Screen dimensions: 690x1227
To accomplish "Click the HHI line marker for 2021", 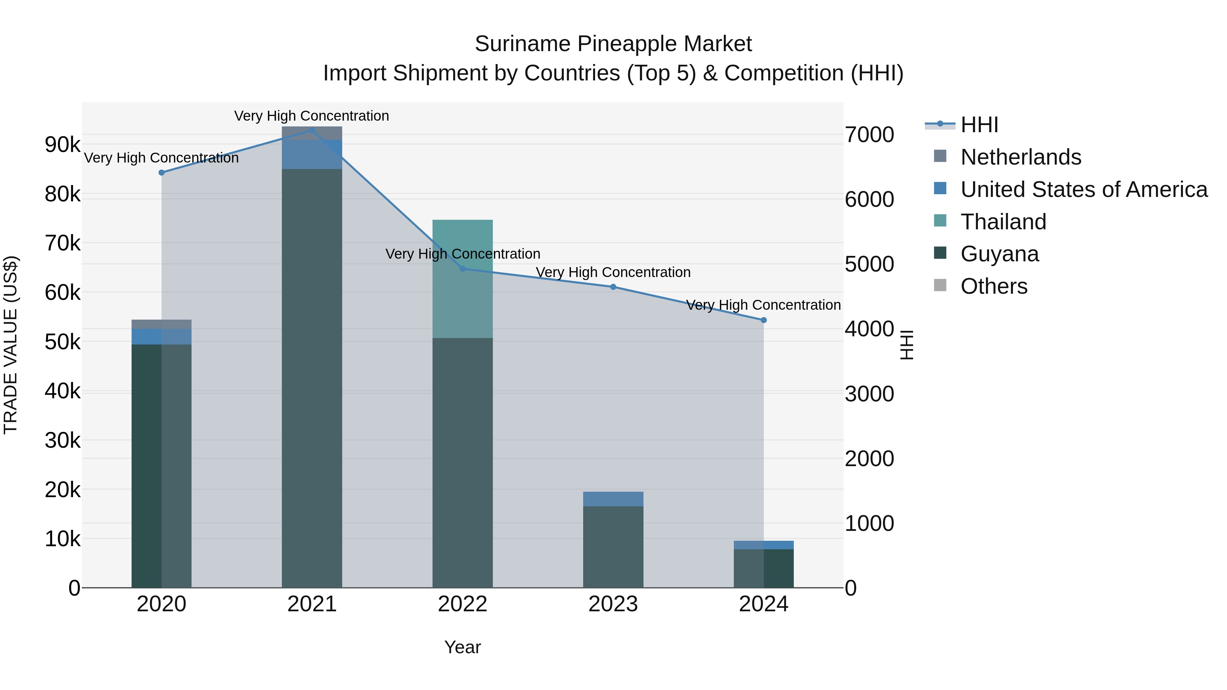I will tap(312, 130).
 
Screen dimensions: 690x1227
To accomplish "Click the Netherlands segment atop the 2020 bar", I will tap(162, 324).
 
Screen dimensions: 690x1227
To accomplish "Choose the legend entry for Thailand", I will tap(1003, 222).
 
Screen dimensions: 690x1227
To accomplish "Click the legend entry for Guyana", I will tap(999, 254).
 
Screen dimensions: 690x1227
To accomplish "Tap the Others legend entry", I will tap(994, 287).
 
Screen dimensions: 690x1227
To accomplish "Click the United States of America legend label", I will tap(1084, 189).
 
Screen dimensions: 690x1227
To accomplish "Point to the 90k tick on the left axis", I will tap(62, 145).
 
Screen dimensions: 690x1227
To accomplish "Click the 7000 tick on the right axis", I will tap(869, 135).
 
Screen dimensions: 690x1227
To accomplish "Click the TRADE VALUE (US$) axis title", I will tap(11, 345).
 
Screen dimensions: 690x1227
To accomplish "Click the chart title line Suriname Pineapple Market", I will tap(613, 44).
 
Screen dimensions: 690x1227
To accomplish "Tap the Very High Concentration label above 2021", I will tap(312, 116).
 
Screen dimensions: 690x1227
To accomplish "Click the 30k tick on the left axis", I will tap(62, 441).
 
